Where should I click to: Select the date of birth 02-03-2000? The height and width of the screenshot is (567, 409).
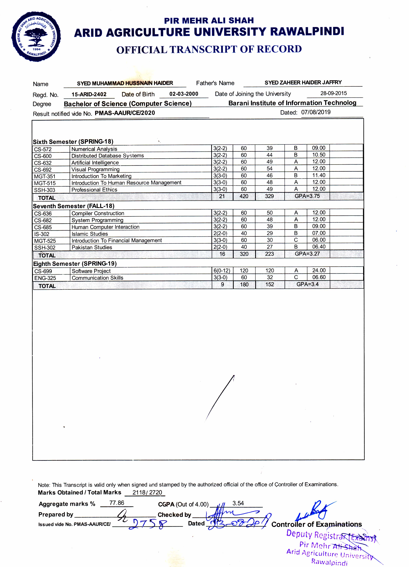pyautogui.click(x=184, y=94)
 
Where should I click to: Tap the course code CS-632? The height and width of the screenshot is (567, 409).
pyautogui.click(x=43, y=163)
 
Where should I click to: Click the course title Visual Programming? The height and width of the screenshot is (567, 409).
pyautogui.click(x=95, y=169)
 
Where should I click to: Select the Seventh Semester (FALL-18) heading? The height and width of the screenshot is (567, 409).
pyautogui.click(x=74, y=206)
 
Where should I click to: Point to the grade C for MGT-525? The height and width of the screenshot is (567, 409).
pyautogui.click(x=296, y=240)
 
